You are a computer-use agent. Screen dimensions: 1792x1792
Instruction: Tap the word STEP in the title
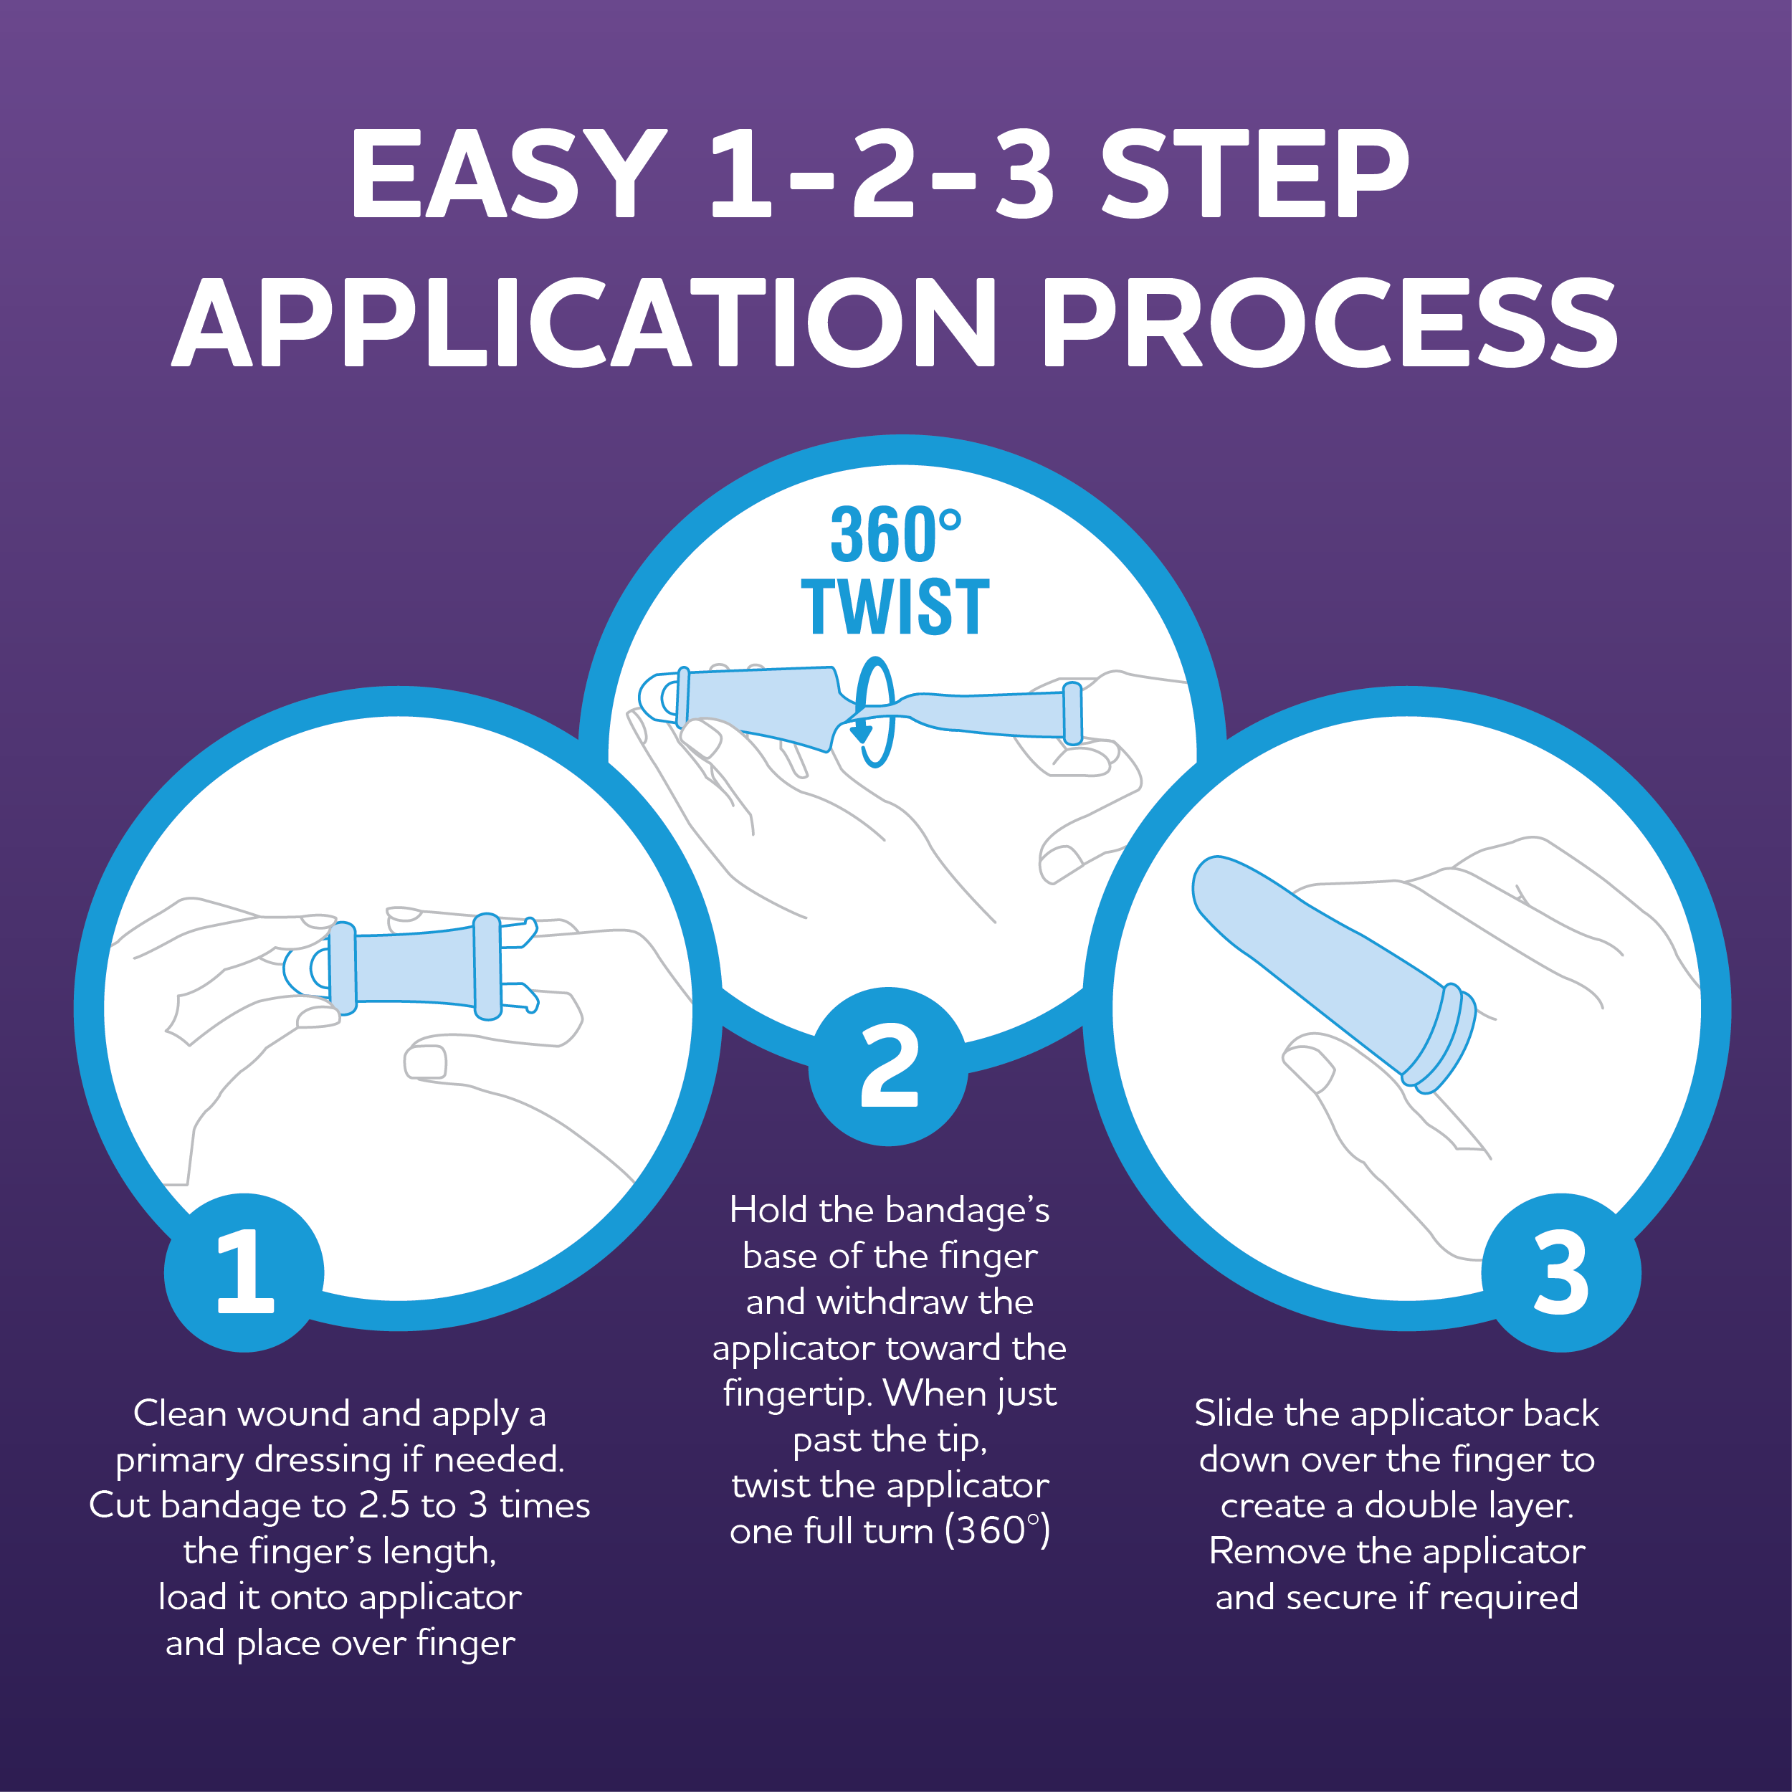(1255, 173)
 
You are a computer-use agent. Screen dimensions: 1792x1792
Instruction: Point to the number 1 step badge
(244, 1272)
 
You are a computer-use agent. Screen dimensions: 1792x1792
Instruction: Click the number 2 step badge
(889, 1067)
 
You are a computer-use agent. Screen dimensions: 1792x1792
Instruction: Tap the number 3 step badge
(1561, 1272)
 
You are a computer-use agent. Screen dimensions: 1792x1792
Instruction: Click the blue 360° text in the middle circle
(895, 535)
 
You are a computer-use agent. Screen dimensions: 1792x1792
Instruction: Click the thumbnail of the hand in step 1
(425, 1062)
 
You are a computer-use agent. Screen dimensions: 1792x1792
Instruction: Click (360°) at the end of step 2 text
(997, 1530)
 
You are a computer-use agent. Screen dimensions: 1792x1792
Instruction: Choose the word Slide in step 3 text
(1234, 1414)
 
